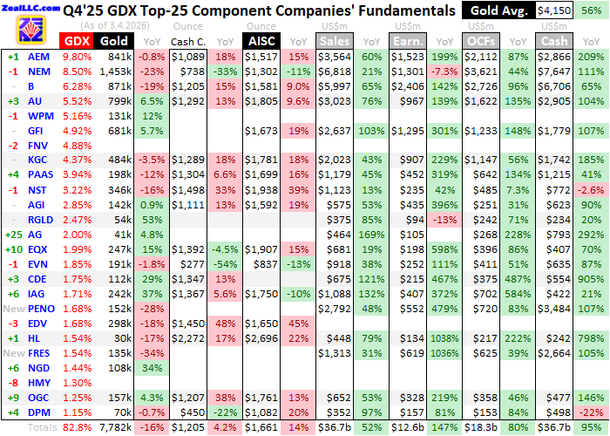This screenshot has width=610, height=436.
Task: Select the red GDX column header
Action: (76, 41)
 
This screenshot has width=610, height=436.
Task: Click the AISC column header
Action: (261, 41)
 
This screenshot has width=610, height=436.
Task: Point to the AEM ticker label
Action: (38, 57)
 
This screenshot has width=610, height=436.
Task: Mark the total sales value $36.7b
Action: (335, 427)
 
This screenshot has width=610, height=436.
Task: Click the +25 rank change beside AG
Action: (12, 235)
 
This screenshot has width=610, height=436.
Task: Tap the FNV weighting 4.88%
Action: (76, 145)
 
